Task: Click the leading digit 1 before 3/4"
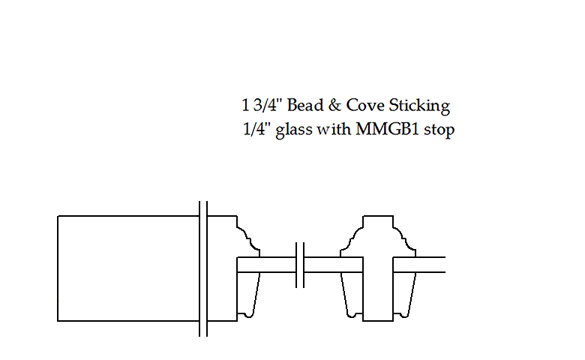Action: tap(244, 105)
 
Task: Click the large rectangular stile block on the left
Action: tap(127, 268)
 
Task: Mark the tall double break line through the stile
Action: tap(202, 268)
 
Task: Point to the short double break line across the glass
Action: tap(301, 265)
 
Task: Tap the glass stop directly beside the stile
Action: tap(248, 295)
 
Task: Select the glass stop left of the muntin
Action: tap(353, 295)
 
